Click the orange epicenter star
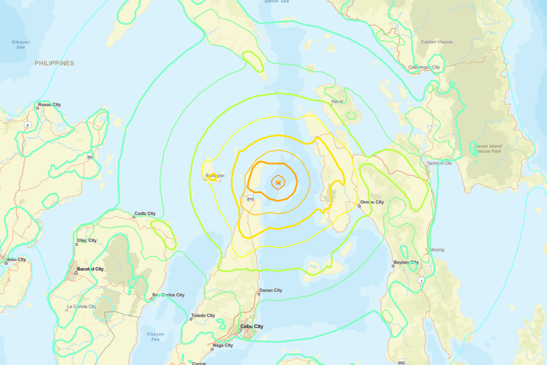click(278, 182)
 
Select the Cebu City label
click(252, 327)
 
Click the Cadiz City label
click(145, 214)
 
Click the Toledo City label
click(203, 316)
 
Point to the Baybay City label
click(406, 263)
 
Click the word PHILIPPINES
click(54, 63)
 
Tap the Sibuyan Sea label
click(21, 44)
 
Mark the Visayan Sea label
click(155, 337)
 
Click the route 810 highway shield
click(250, 199)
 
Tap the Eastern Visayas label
click(437, 42)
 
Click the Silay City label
click(87, 240)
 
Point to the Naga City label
click(222, 345)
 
